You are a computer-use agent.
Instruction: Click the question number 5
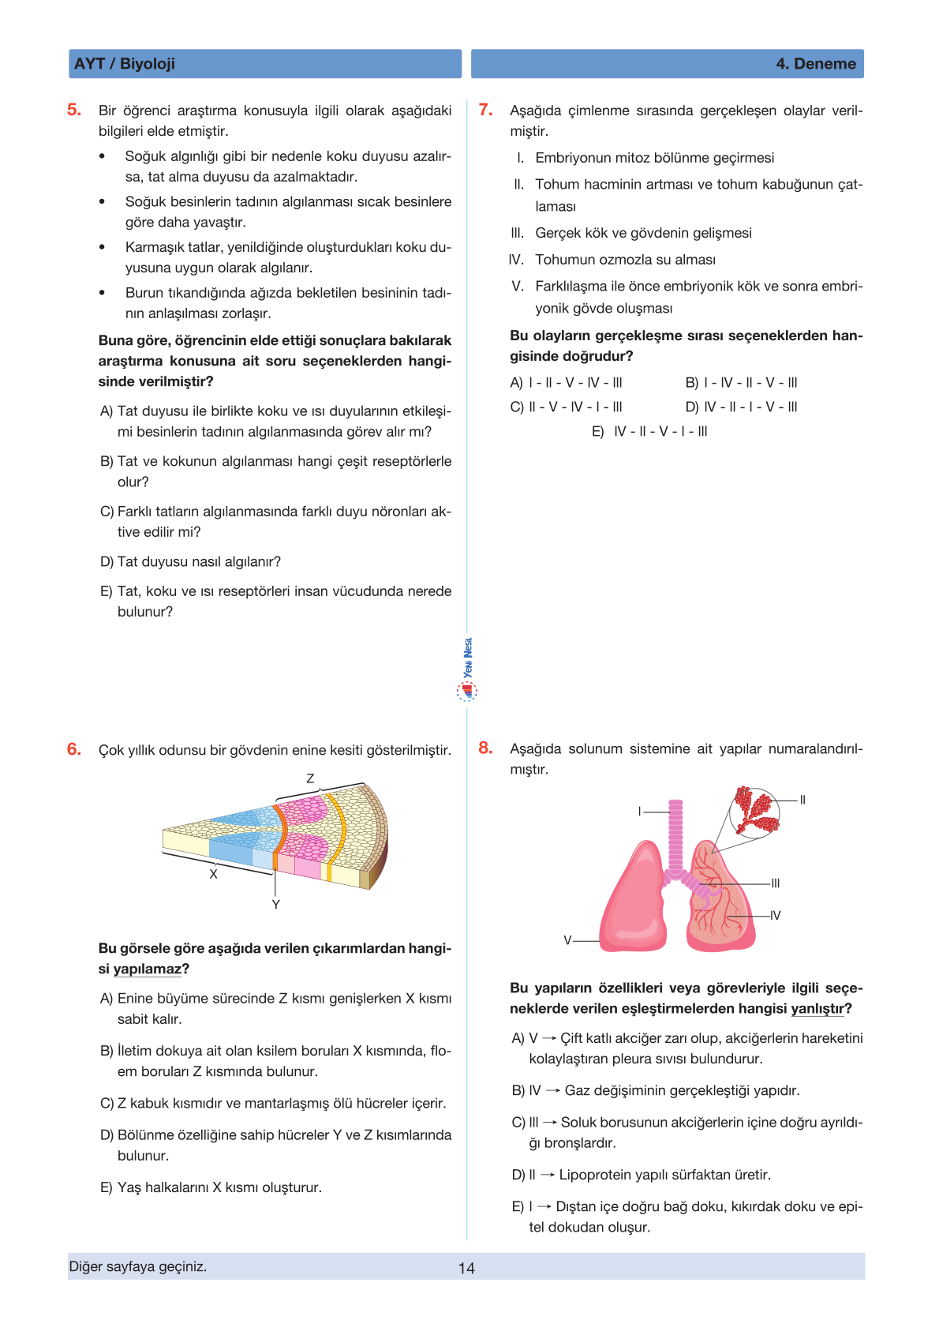(x=74, y=110)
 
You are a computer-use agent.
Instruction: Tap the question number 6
(x=74, y=749)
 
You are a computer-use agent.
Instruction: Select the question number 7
(x=486, y=110)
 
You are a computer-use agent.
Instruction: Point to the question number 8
(x=486, y=748)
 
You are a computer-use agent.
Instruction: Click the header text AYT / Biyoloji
(x=125, y=64)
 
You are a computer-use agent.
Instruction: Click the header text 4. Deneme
(x=816, y=64)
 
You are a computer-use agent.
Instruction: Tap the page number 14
(x=466, y=1268)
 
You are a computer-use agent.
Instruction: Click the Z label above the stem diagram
(x=310, y=778)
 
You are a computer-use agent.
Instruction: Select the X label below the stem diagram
(x=213, y=875)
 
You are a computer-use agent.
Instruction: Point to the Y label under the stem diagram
(x=275, y=905)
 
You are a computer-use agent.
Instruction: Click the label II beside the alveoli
(x=802, y=800)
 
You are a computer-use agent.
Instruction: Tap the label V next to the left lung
(x=567, y=940)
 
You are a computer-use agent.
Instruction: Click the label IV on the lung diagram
(x=775, y=916)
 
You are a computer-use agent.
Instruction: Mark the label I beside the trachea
(x=640, y=812)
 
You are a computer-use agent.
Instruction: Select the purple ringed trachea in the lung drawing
(x=675, y=837)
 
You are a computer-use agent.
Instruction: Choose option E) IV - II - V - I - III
(x=649, y=431)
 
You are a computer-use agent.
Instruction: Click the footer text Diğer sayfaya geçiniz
(x=138, y=1266)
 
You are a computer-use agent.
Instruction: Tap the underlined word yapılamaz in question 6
(x=147, y=969)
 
